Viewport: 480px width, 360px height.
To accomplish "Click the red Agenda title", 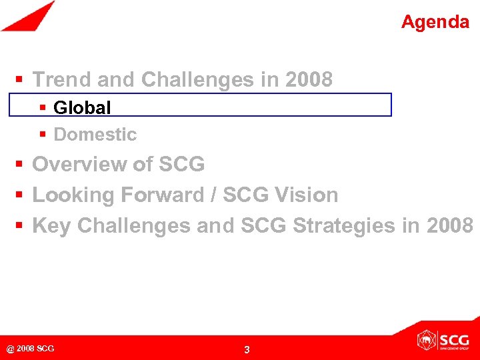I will pyautogui.click(x=435, y=22).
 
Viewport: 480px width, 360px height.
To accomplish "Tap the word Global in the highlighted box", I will pyautogui.click(x=82, y=107).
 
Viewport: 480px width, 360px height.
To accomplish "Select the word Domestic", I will pyautogui.click(x=95, y=135).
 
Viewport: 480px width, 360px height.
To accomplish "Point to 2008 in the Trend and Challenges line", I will pyautogui.click(x=308, y=80).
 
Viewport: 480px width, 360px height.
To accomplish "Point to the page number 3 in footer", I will pyautogui.click(x=247, y=350).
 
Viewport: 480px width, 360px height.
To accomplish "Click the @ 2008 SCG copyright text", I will pyautogui.click(x=30, y=349).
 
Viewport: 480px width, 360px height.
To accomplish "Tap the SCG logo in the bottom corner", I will pyautogui.click(x=443, y=340).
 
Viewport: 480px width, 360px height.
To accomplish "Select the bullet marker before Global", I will pyautogui.click(x=43, y=107).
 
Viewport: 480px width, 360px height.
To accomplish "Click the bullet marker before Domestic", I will pyautogui.click(x=43, y=135).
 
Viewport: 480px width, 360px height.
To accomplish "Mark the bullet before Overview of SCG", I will pyautogui.click(x=20, y=164).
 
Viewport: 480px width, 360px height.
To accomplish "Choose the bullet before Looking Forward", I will pyautogui.click(x=20, y=195).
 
